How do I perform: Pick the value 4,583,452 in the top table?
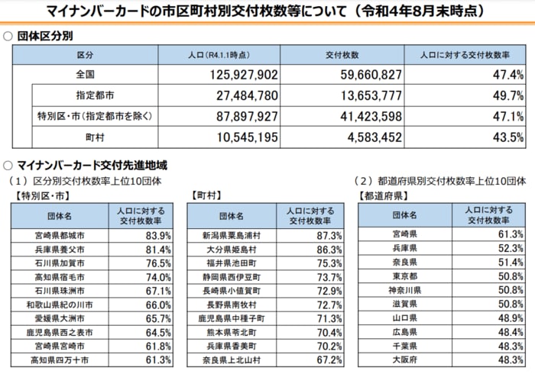click(x=367, y=137)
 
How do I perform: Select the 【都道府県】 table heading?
click(x=381, y=196)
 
